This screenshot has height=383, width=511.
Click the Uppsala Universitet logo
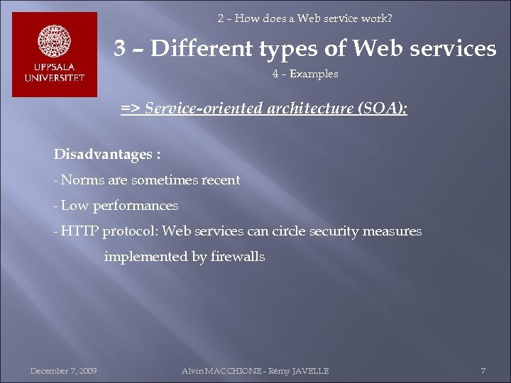click(x=55, y=55)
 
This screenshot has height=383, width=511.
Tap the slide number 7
click(x=483, y=371)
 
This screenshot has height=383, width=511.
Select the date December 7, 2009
click(x=64, y=371)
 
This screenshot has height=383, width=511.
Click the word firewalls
click(x=238, y=257)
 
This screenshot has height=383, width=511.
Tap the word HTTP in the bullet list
click(x=80, y=231)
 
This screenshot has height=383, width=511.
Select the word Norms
click(x=82, y=180)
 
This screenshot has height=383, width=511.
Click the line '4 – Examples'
click(x=305, y=74)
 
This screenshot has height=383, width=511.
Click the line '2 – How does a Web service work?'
click(x=304, y=18)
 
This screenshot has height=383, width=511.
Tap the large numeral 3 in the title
click(x=121, y=48)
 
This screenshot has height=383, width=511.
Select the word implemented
click(x=146, y=257)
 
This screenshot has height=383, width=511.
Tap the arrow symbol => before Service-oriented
click(x=130, y=109)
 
